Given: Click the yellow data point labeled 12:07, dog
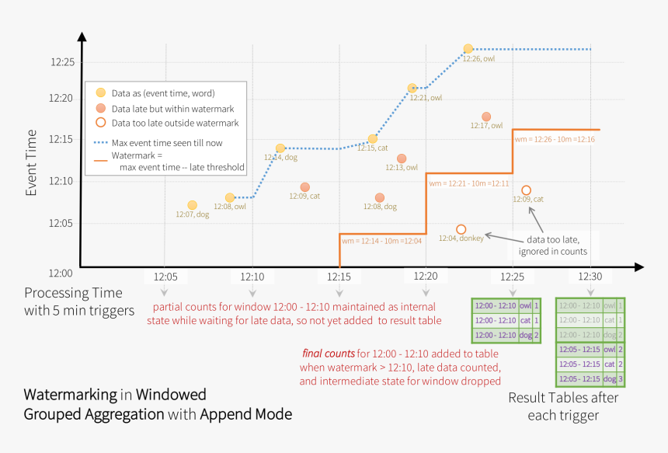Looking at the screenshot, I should [192, 205].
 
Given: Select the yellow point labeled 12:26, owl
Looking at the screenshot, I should [468, 49].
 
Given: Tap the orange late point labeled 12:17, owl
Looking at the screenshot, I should [485, 117].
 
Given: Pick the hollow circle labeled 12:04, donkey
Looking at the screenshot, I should [461, 229].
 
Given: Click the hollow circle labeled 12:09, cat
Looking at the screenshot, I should [526, 190].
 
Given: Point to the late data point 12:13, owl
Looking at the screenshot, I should [401, 159].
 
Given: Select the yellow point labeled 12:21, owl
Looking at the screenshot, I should [412, 89].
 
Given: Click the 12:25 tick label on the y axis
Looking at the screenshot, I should [61, 61].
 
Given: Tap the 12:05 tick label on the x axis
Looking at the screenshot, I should [165, 277].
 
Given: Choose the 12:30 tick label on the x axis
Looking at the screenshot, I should [590, 277].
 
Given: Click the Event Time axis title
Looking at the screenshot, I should [31, 162].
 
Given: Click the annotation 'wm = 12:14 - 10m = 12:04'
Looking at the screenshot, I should [383, 241].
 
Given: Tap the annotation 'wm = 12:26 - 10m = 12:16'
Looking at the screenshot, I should [555, 139].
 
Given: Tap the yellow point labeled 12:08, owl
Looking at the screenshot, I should [230, 198].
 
